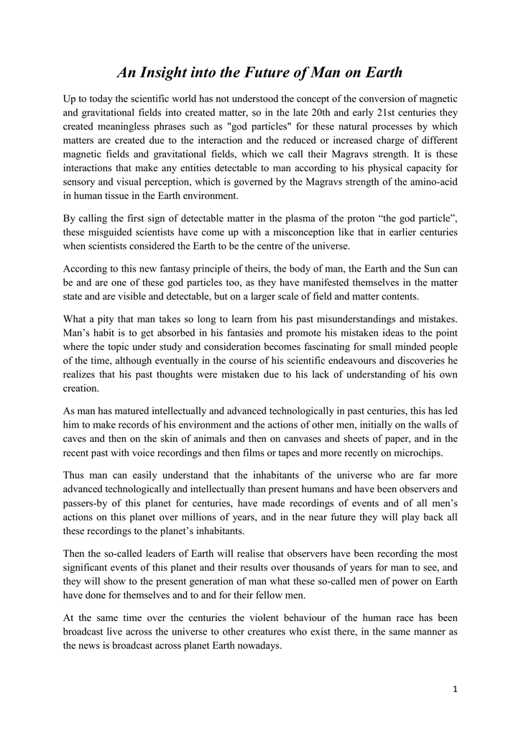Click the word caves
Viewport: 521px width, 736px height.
(77, 438)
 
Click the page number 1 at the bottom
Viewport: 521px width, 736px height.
(455, 689)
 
